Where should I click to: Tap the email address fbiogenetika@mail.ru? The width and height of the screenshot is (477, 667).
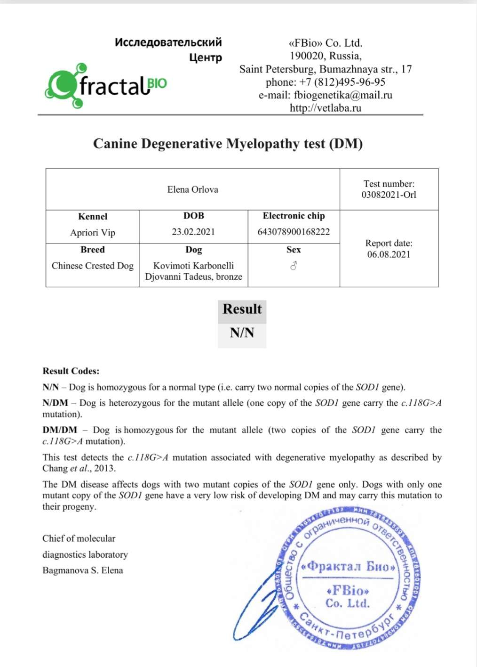coord(343,95)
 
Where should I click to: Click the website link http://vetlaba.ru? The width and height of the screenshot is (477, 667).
coord(326,108)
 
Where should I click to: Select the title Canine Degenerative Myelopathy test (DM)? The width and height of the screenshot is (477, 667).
coord(228,144)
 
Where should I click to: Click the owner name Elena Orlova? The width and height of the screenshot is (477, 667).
coord(193,189)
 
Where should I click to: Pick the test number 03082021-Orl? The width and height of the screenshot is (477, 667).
coord(389,195)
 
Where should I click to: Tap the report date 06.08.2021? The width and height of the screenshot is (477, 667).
coord(389,254)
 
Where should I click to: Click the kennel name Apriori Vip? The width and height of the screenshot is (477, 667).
coord(93,233)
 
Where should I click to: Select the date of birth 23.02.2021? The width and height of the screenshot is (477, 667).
coord(193,232)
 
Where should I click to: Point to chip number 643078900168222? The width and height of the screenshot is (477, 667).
coord(294,232)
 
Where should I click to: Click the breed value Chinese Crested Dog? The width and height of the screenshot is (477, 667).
coord(93,266)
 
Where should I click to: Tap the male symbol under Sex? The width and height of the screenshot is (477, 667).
coord(294,266)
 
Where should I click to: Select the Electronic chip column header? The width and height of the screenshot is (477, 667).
coord(294,216)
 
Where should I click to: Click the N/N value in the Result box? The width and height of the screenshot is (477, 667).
coord(242,333)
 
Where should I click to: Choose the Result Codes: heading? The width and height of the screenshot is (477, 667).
coord(71,371)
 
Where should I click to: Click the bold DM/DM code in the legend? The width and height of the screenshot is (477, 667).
coord(60,430)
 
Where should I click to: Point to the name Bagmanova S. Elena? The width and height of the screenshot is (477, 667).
coord(83,570)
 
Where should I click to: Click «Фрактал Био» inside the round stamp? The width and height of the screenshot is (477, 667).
coord(348,566)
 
